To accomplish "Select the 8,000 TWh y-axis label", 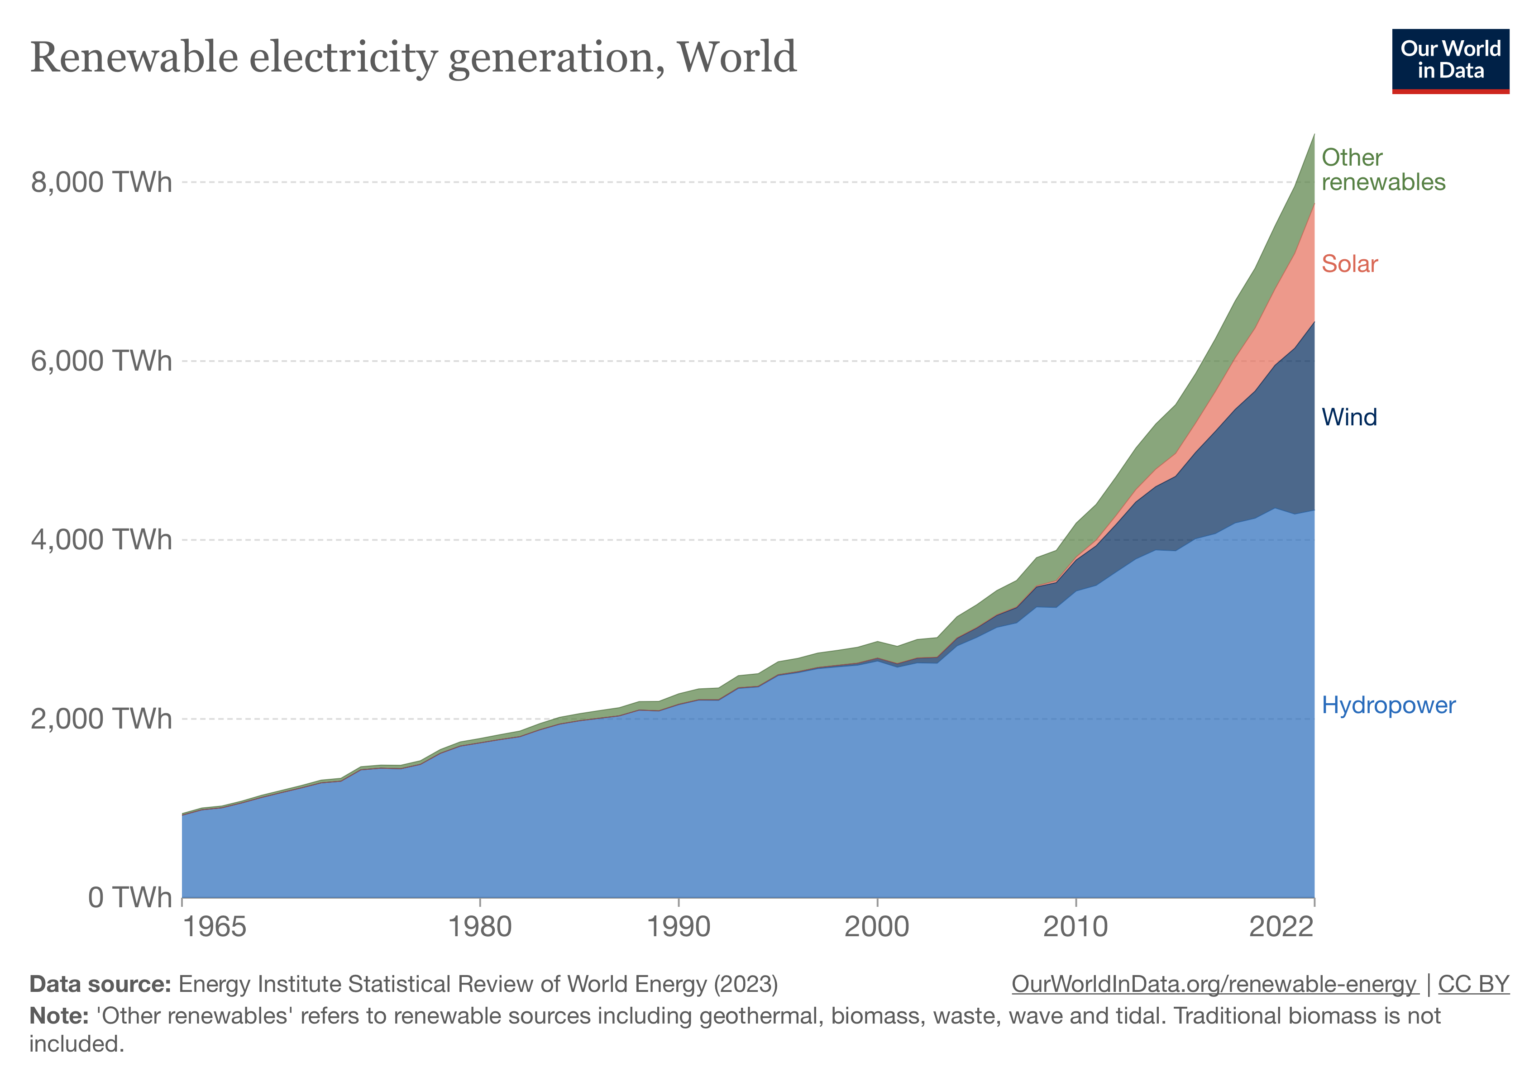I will point(101,182).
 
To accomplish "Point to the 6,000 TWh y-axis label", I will point(101,361).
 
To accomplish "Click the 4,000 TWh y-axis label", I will point(101,540).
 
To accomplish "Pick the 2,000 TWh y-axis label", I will point(101,719).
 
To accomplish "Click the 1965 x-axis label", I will point(215,927).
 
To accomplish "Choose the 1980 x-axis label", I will point(480,927).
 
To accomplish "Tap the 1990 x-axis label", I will point(679,927).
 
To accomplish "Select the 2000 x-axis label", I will point(877,927).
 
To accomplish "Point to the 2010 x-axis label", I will point(1075,927).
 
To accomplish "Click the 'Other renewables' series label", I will point(1383,170).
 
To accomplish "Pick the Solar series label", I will point(1349,264).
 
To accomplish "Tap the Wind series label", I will point(1348,417).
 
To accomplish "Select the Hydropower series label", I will point(1388,705).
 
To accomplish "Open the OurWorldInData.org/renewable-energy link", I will point(1214,984).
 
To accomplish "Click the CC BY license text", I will point(1473,984).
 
